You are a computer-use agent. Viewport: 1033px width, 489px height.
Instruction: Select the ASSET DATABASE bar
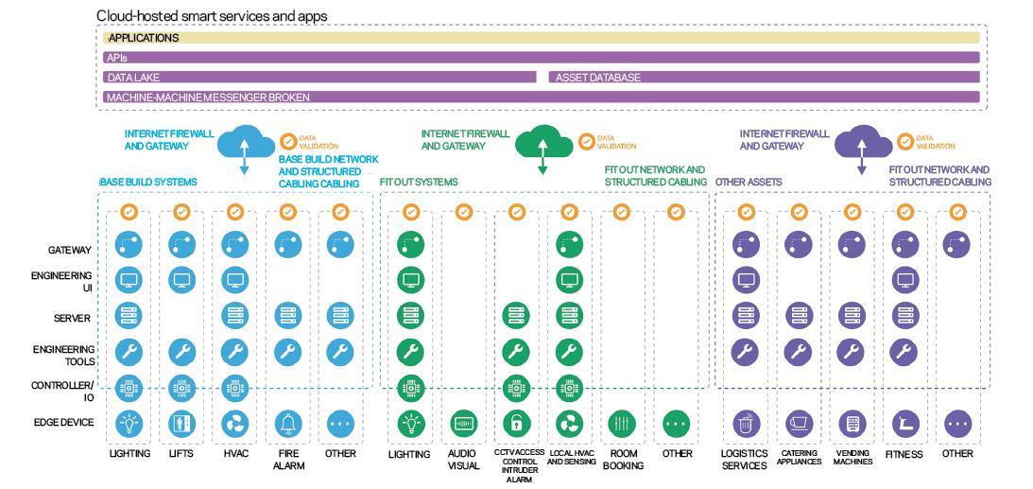click(764, 77)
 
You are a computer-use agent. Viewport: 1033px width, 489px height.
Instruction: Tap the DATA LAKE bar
click(319, 77)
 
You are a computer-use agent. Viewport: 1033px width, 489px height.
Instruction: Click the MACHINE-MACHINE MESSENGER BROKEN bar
click(541, 96)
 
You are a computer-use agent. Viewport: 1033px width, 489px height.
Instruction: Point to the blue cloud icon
click(245, 143)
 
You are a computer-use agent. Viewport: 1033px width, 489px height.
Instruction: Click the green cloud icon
click(542, 143)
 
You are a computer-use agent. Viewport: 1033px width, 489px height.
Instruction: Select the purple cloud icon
click(861, 143)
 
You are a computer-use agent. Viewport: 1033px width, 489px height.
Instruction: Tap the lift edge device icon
click(181, 423)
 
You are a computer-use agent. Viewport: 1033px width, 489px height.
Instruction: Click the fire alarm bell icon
click(287, 423)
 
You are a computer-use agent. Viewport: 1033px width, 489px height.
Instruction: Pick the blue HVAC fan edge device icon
click(234, 423)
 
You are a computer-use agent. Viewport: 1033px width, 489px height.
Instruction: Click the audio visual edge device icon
click(463, 423)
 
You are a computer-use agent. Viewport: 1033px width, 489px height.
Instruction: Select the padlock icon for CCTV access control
click(516, 423)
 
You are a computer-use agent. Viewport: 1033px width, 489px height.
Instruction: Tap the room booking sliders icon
click(622, 423)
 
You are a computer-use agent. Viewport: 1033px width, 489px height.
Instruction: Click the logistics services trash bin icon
click(746, 423)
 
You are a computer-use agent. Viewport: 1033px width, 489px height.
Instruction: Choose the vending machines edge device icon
click(852, 423)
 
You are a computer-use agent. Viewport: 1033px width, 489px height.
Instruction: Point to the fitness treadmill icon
click(905, 423)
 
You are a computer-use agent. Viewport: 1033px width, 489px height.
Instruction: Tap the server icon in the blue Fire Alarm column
click(287, 315)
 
